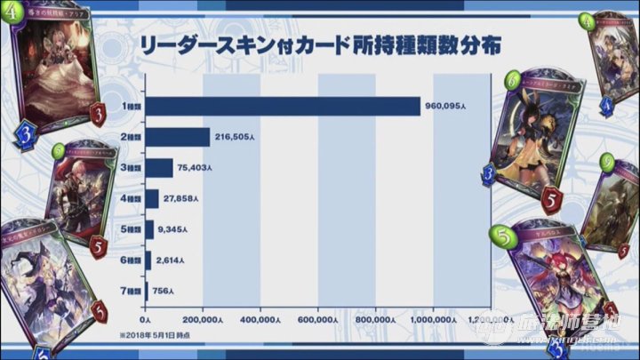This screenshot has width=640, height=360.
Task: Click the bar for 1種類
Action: [282, 107]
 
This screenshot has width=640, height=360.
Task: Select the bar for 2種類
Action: [177, 138]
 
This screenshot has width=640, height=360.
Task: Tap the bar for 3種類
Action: [158, 168]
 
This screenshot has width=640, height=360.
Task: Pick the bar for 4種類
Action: [151, 199]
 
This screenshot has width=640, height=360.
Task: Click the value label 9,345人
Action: [174, 230]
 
